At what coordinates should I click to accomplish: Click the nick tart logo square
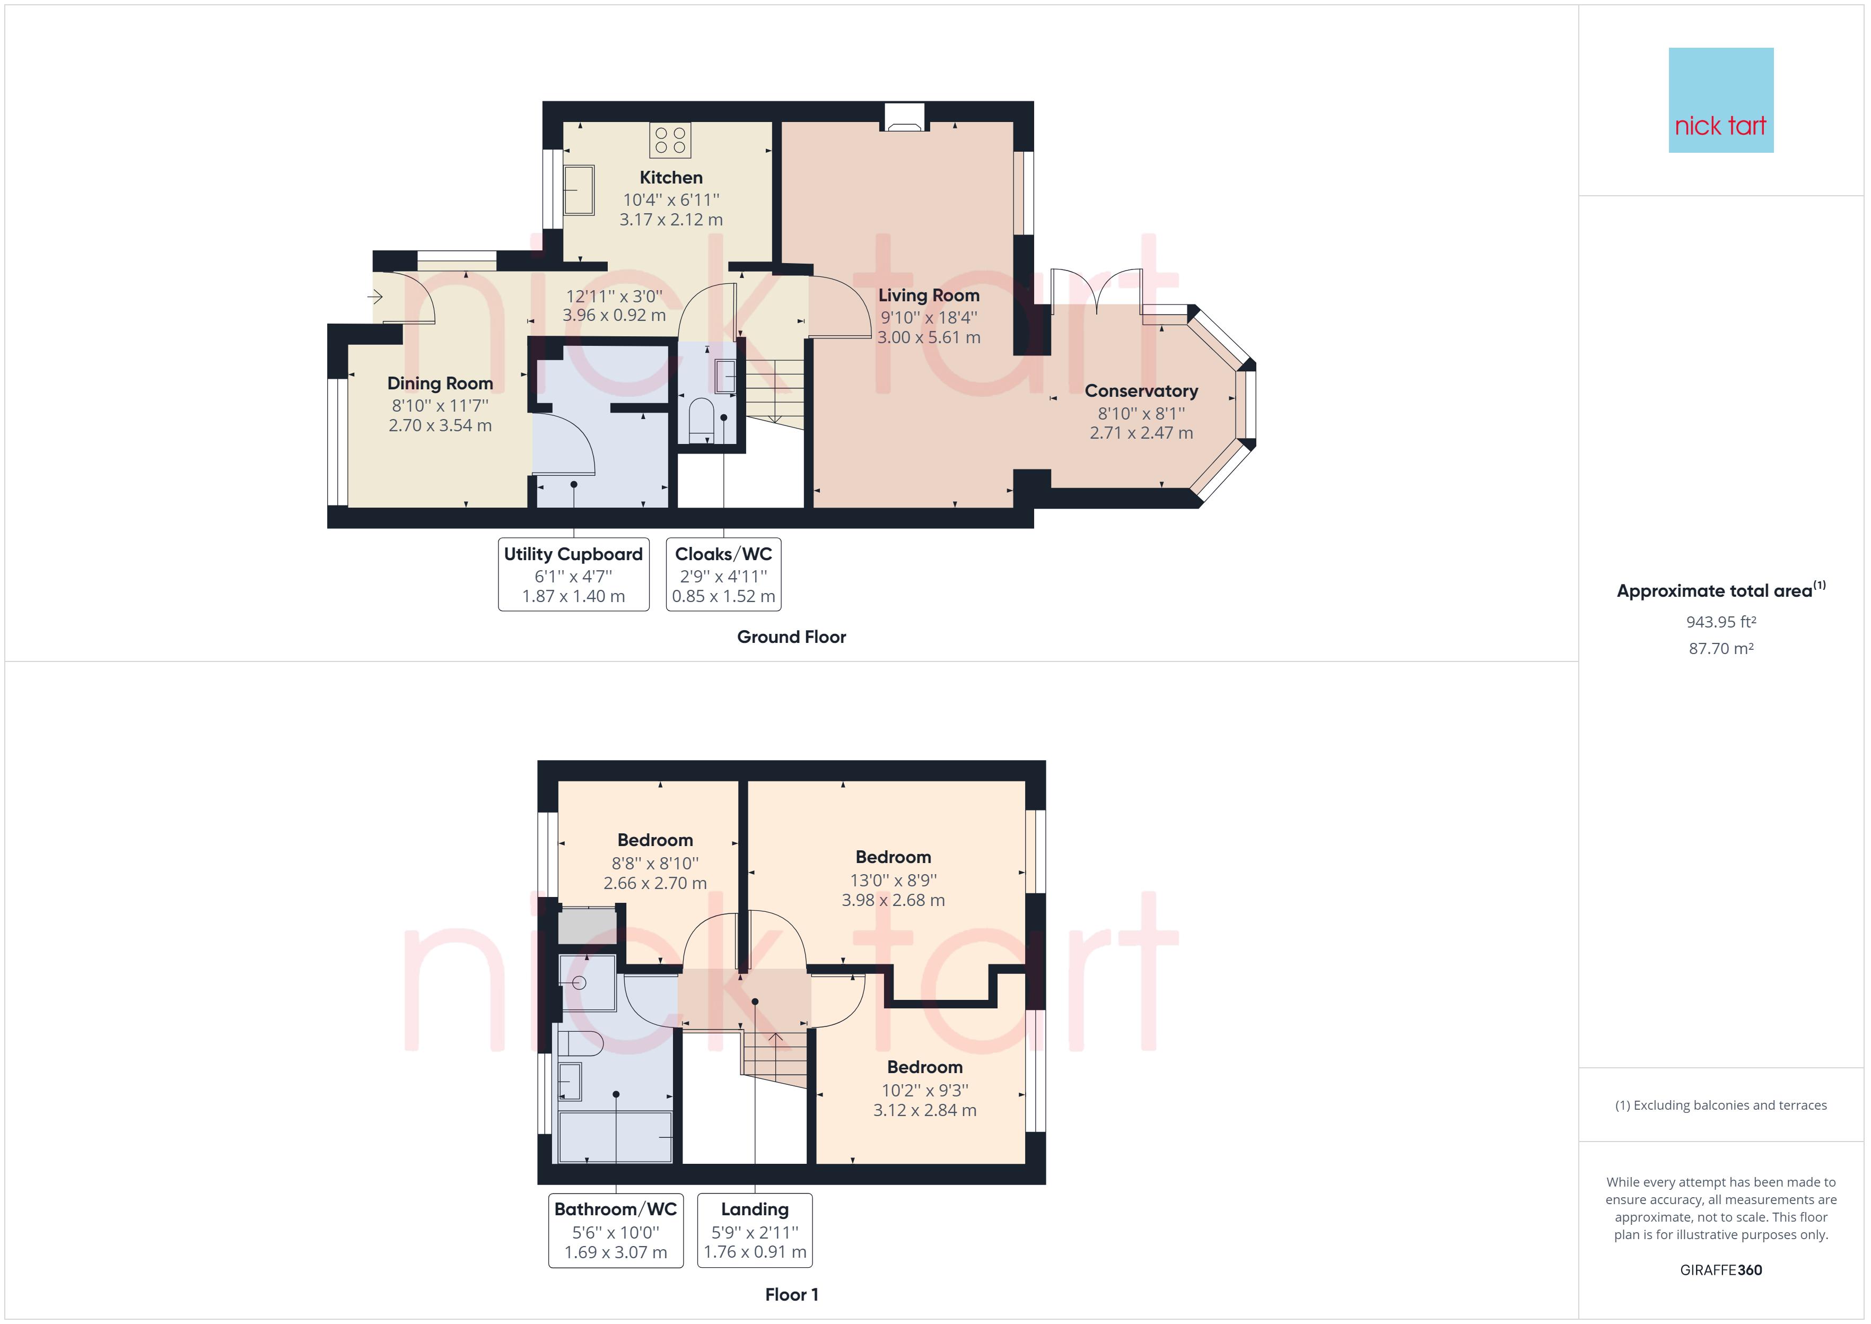(x=1720, y=100)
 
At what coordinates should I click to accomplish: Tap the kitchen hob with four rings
(x=670, y=140)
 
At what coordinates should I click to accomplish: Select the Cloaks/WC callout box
(x=723, y=574)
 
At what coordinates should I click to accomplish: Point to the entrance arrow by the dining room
(x=375, y=297)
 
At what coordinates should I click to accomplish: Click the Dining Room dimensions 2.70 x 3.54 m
(x=440, y=425)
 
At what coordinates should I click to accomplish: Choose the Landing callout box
(x=755, y=1230)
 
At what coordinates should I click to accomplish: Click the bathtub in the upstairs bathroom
(x=615, y=1137)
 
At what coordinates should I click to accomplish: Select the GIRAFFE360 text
(x=1720, y=1269)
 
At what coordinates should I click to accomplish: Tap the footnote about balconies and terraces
(x=1720, y=1105)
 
